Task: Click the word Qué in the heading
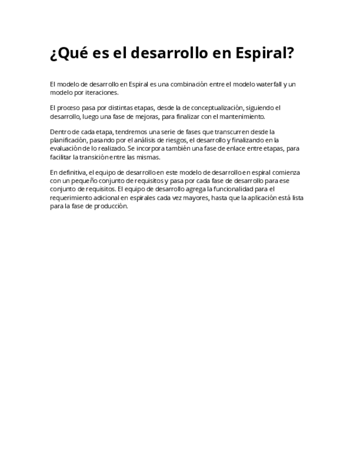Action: (x=71, y=54)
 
